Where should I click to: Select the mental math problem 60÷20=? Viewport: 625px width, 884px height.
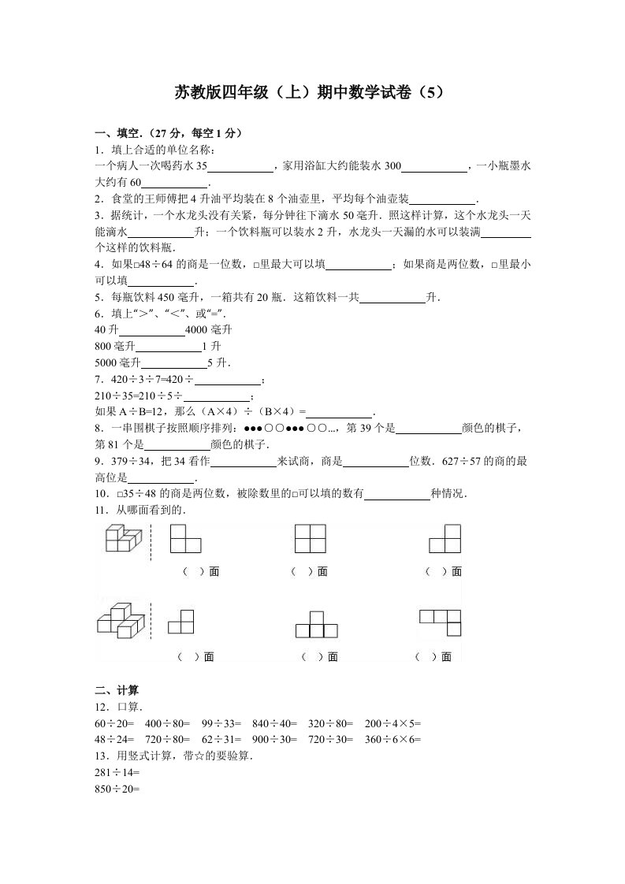(x=114, y=722)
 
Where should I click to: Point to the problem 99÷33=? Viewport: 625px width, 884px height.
(x=218, y=722)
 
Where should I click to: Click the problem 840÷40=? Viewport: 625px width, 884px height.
(x=271, y=722)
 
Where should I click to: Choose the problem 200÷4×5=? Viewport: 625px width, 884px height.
(x=393, y=722)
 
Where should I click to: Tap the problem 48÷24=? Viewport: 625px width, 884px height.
(x=114, y=739)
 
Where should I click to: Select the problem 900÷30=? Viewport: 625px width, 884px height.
(x=271, y=739)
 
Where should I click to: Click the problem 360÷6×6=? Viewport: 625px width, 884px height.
(x=393, y=739)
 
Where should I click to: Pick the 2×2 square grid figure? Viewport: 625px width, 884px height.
(x=311, y=540)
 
